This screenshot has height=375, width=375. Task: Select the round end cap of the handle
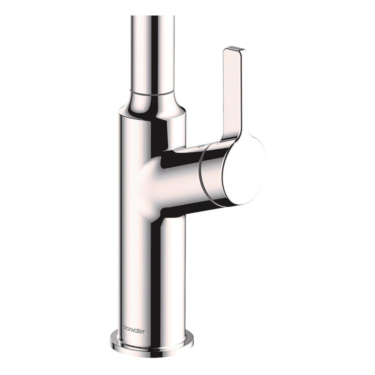pos(244,169)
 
